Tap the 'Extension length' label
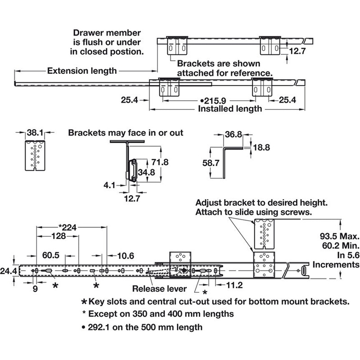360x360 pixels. coord(82,70)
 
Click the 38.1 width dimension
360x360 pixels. coord(34,133)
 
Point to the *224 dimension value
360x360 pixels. coord(71,227)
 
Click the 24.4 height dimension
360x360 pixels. coord(9,271)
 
